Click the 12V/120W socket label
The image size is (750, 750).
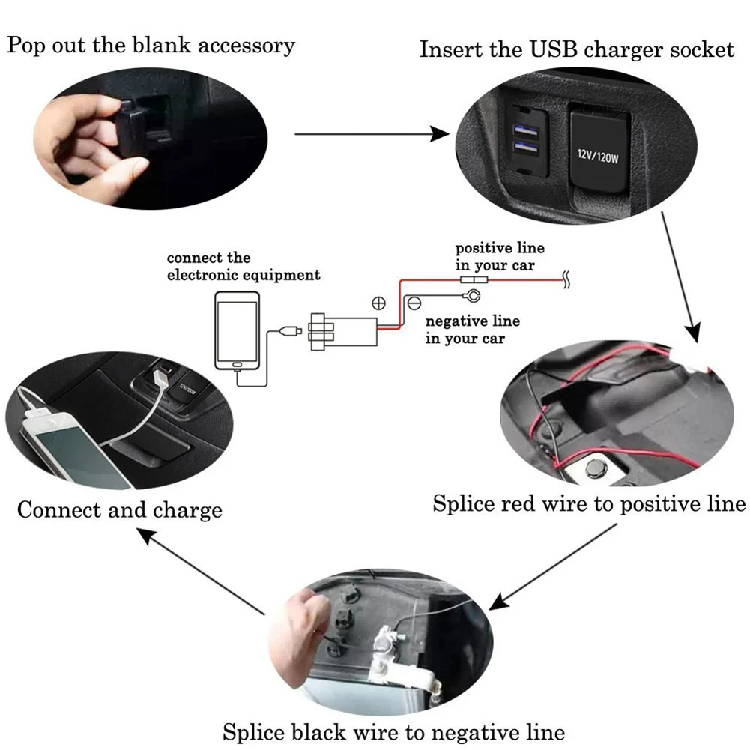(598, 157)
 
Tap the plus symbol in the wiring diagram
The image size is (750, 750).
(379, 303)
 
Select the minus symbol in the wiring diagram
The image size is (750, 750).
(414, 303)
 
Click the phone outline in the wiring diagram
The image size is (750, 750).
(237, 330)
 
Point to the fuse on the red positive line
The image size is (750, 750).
(474, 279)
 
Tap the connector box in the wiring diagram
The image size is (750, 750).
(341, 330)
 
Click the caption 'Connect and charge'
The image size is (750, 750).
(120, 511)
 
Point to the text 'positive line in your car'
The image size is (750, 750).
(500, 256)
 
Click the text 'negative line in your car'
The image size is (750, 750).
(472, 330)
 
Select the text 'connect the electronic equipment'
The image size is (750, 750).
(243, 267)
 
